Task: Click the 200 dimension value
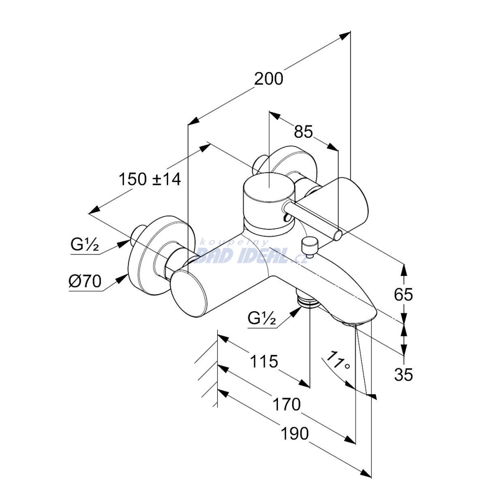269,79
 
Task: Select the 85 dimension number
303,131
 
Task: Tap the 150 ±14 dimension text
150,179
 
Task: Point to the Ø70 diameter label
85,281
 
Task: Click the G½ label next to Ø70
85,245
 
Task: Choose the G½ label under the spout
262,319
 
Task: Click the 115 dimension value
264,362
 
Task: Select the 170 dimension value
286,404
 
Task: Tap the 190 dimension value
295,434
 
